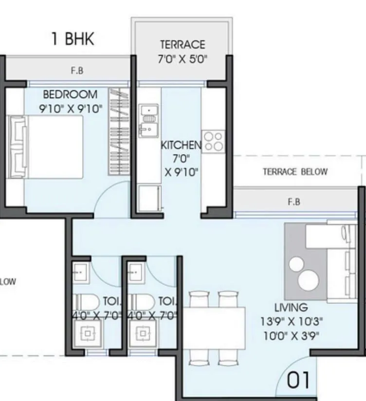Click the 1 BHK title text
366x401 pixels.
pos(73,39)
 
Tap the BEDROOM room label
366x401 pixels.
pos(70,94)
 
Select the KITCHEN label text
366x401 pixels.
pos(181,145)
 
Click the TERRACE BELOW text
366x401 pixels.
pos(295,172)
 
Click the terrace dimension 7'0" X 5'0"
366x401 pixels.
pos(183,60)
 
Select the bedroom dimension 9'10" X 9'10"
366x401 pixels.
pos(71,108)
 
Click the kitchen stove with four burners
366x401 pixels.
pos(214,140)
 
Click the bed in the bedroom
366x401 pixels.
pos(46,147)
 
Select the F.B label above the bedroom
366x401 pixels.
pos(77,71)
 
